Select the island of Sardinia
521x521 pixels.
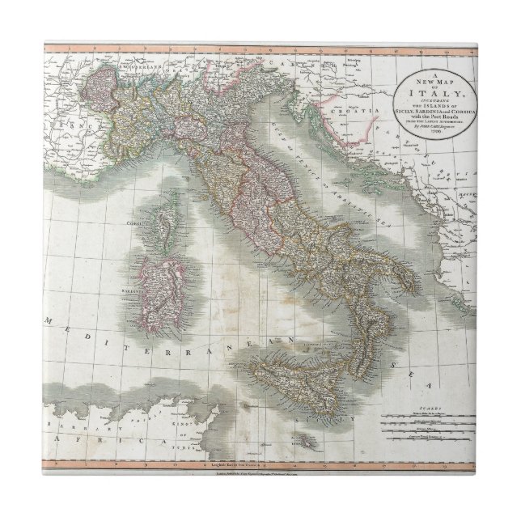[155, 279]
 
